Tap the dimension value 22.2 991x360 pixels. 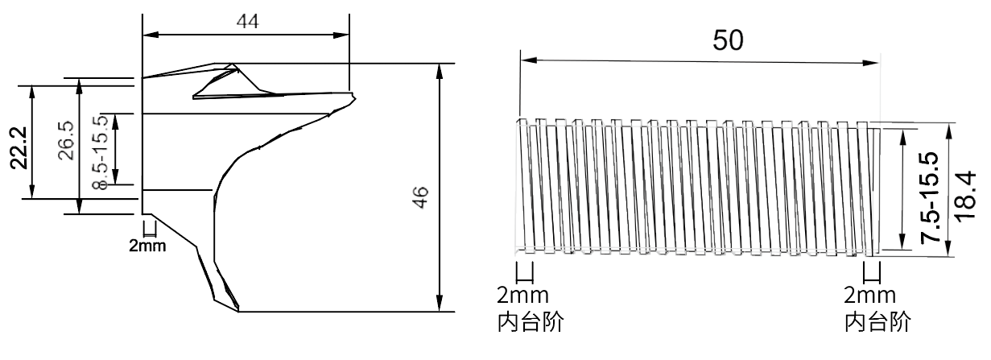(16, 147)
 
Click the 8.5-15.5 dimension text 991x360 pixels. (101, 152)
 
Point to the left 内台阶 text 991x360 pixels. (528, 322)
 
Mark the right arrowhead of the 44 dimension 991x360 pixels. (345, 35)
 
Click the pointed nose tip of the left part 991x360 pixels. (357, 100)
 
